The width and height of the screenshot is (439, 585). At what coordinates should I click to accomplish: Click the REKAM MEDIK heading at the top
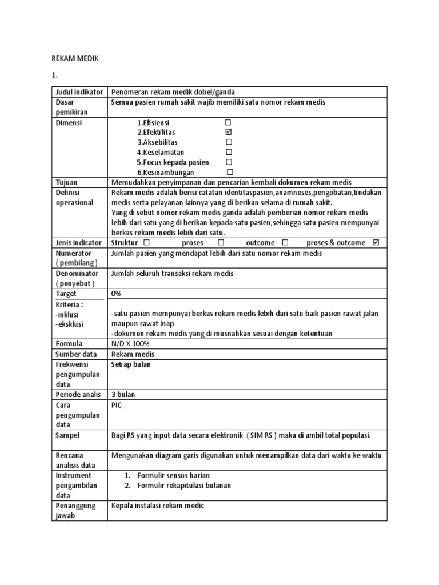coord(75,58)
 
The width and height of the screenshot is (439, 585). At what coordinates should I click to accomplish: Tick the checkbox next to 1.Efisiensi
coord(228,122)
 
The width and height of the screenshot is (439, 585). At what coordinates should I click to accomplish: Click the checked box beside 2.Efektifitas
coord(228,132)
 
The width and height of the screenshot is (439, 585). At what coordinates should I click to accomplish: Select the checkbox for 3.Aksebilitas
coord(229,142)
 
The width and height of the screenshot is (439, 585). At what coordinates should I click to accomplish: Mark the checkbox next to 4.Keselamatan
coord(229,152)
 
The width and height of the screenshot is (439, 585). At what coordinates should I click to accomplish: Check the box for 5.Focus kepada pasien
coord(229,162)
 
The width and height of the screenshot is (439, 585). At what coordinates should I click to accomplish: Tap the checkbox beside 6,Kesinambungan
coord(230,172)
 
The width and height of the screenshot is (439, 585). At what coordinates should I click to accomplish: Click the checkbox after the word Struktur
coord(146,242)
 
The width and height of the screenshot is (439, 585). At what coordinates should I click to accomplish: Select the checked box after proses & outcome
coord(376,242)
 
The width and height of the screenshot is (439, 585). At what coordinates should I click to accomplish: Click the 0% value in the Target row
coord(116,294)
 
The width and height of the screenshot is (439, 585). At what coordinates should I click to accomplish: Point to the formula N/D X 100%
coord(130,344)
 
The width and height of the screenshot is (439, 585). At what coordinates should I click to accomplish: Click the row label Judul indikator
coord(79,92)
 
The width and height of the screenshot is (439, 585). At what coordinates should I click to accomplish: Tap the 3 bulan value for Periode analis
coord(123,395)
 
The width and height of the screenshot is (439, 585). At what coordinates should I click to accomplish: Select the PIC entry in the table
coord(117,405)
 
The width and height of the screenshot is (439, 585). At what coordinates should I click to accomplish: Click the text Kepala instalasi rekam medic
coord(158,506)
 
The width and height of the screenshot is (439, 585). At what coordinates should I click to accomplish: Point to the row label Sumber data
coord(77,354)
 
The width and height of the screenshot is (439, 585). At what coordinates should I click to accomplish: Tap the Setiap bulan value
coord(131,364)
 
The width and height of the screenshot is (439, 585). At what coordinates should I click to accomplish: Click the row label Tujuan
coord(66,182)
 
